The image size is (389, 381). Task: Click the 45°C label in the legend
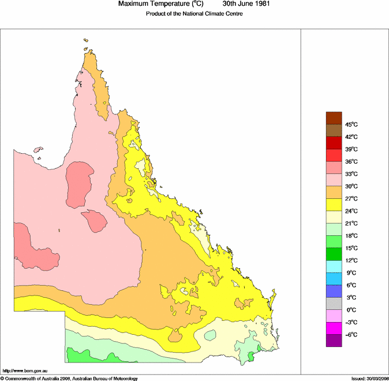click(x=351, y=124)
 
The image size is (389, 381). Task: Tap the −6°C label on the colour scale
click(x=350, y=335)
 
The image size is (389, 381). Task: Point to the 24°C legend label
click(x=351, y=211)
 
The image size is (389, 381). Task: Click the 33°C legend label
click(x=351, y=174)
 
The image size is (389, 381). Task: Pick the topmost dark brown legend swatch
click(x=334, y=118)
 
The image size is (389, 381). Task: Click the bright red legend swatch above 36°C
click(x=334, y=155)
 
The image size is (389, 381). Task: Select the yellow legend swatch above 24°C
click(x=334, y=205)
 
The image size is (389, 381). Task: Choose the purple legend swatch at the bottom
click(x=334, y=341)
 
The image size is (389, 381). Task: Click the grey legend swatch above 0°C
click(x=334, y=304)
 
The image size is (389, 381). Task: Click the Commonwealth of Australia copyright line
click(x=69, y=378)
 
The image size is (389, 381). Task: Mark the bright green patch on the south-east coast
click(x=250, y=356)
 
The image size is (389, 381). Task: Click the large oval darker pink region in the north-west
click(x=79, y=184)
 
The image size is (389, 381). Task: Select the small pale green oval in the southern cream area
click(x=210, y=335)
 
